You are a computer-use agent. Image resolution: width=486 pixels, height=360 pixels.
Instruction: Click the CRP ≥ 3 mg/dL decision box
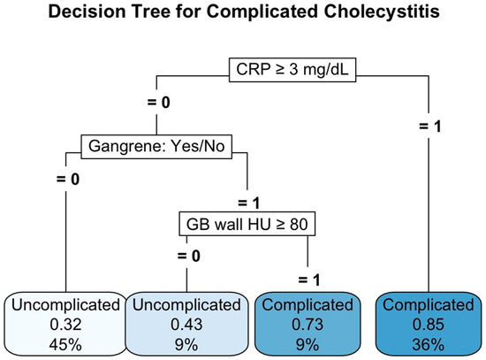292,70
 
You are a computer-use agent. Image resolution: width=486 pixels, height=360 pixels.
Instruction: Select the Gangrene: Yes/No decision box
156,147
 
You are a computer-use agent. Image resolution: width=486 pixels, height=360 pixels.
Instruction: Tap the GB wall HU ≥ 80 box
247,224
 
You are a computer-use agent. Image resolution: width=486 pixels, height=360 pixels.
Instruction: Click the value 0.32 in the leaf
65,325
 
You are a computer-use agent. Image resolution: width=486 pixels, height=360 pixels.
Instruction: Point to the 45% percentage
65,345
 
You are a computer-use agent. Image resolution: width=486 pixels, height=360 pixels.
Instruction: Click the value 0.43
186,325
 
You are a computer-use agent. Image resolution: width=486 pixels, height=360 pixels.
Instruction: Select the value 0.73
308,325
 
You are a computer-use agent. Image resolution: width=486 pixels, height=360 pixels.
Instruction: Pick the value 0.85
429,325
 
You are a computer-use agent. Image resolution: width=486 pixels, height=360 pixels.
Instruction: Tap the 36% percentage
429,345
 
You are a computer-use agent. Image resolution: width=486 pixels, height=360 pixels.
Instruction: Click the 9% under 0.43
186,345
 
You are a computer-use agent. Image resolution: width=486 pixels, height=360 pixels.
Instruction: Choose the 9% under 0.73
308,345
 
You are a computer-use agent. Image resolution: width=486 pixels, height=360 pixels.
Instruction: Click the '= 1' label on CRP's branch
430,126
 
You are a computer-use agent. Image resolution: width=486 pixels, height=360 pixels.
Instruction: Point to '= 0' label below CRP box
159,103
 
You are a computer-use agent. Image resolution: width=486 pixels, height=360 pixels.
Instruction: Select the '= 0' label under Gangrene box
68,179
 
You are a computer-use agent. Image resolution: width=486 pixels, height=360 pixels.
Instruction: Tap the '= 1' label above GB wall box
248,203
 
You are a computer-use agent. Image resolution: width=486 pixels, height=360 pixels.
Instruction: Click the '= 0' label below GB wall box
189,256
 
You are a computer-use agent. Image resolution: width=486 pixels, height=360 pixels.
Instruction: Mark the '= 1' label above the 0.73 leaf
309,280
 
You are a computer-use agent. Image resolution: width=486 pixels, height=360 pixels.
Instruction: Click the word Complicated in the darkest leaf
429,305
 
